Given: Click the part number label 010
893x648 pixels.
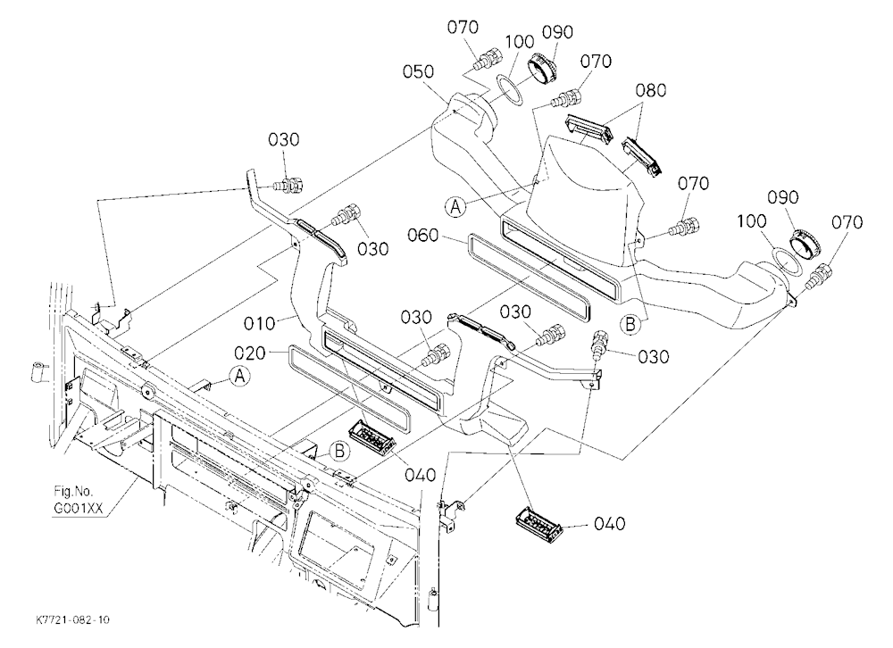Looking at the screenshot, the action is click(x=260, y=324).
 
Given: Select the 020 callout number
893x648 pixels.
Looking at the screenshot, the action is click(x=250, y=353).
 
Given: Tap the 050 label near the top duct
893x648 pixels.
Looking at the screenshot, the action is click(x=418, y=71).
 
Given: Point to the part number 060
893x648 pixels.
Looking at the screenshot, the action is click(x=423, y=235).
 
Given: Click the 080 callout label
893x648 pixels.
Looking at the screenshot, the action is click(x=650, y=90).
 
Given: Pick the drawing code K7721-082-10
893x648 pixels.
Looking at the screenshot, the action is click(x=72, y=619).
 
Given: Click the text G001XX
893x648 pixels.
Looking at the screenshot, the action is click(x=78, y=508).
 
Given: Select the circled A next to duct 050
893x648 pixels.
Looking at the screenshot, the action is click(x=455, y=206).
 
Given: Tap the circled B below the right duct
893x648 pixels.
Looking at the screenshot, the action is click(x=630, y=324).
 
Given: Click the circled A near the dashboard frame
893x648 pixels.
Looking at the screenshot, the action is click(x=240, y=376).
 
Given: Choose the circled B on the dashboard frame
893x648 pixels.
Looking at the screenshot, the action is click(x=340, y=452).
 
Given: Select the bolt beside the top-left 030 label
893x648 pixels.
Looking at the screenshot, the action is click(x=290, y=185).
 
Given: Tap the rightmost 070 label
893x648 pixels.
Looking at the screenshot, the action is click(x=847, y=222).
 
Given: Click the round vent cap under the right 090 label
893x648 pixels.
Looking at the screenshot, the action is click(x=806, y=243).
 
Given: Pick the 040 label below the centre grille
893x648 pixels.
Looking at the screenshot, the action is click(x=421, y=475).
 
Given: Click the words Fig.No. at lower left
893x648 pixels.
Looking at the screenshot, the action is click(x=73, y=492).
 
